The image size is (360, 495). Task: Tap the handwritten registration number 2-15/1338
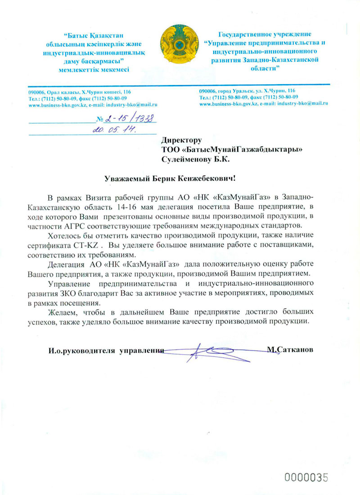[130, 119]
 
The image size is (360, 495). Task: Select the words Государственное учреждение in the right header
[264, 34]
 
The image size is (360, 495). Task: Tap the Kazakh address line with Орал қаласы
[79, 91]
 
